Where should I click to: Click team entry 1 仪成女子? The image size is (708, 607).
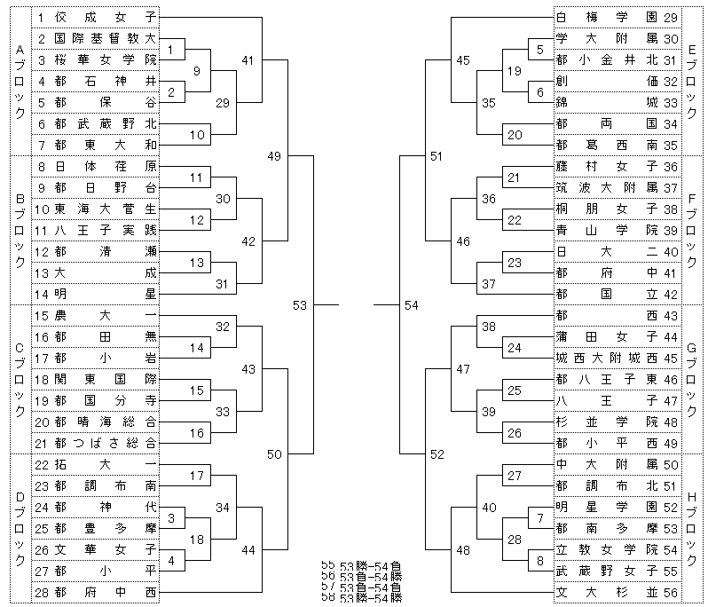97,17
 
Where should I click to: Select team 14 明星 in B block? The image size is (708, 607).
97,294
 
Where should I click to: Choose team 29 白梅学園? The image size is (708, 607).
617,17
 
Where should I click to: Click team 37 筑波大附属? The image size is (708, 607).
617,187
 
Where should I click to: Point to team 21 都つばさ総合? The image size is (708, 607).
97,443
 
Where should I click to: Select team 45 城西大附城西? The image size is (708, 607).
617,358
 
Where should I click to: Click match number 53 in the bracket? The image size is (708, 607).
300,305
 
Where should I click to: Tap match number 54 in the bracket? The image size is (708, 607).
411,305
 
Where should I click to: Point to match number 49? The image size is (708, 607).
273,156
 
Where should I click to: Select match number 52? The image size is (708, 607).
437,454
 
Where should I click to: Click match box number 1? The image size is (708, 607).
176,49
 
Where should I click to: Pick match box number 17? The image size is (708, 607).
197,476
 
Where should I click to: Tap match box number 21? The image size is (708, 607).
515,177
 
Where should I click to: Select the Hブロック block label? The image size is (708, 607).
692,527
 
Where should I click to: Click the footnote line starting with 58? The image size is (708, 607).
364,599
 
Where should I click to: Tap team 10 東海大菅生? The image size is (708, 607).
97,209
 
